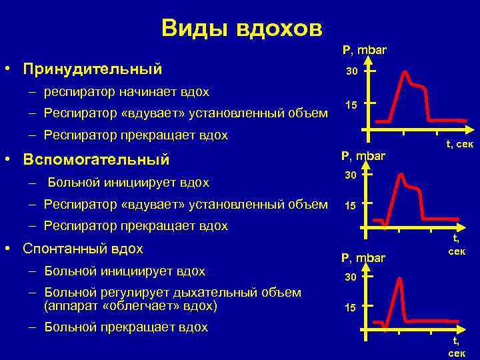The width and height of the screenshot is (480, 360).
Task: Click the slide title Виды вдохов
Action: [241, 28]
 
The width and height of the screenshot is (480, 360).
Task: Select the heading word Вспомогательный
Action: [96, 160]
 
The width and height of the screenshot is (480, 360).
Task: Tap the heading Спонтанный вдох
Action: [83, 249]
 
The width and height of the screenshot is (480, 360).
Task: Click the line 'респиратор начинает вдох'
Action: [127, 91]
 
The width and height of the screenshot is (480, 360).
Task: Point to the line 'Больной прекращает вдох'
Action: [126, 327]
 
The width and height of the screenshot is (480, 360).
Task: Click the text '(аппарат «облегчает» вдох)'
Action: [131, 306]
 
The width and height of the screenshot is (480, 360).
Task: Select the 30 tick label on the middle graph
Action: [351, 175]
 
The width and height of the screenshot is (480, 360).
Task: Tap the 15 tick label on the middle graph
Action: [351, 205]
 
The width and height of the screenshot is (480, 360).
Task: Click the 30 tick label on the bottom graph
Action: [351, 276]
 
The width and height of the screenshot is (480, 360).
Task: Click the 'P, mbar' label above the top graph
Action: [364, 50]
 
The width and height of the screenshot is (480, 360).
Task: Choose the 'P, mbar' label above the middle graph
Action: [363, 156]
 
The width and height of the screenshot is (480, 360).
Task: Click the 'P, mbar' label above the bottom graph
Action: [363, 257]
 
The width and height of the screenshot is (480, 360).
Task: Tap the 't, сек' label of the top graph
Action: [459, 143]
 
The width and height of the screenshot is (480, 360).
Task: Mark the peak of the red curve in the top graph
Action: [404, 70]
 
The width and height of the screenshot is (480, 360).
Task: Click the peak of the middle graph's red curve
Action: [402, 175]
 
